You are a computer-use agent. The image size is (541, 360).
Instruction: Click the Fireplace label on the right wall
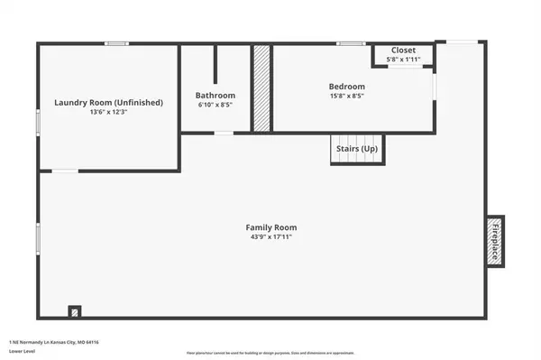tap(495, 240)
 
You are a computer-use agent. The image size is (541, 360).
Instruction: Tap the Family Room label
tap(271, 227)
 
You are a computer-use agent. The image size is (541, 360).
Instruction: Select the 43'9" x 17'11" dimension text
tap(271, 236)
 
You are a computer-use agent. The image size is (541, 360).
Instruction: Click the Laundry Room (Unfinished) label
tap(108, 103)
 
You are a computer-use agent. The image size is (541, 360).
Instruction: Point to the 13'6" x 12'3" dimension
tap(108, 113)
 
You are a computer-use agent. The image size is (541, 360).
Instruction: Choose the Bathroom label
tap(215, 96)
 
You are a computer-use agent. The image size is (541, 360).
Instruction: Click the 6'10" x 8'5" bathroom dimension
tap(215, 105)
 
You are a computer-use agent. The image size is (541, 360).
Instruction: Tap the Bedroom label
tap(346, 87)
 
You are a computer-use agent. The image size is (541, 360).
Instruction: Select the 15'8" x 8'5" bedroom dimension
tap(346, 97)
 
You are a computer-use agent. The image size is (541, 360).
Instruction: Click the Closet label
tap(403, 51)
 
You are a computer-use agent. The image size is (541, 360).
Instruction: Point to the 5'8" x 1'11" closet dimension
tap(403, 60)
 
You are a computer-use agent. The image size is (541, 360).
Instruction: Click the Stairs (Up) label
tap(356, 148)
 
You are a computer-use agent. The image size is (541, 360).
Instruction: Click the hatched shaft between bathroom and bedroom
tap(261, 88)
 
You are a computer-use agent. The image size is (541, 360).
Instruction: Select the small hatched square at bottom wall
tap(75, 311)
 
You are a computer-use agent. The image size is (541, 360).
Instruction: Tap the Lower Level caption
tap(20, 353)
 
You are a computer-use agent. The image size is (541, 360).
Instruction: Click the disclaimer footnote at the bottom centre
tap(270, 353)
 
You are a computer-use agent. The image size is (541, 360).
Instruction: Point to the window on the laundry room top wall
tap(115, 42)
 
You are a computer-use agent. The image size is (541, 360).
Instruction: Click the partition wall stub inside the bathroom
tap(215, 63)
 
